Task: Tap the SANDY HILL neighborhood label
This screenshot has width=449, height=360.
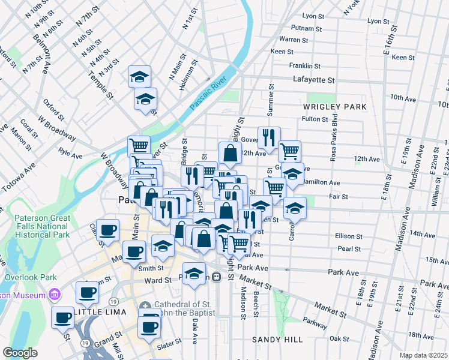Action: click(277, 340)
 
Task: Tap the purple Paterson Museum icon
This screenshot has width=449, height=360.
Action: click(55, 295)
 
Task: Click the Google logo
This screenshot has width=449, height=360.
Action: click(20, 353)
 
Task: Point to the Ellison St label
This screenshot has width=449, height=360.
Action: click(351, 236)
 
